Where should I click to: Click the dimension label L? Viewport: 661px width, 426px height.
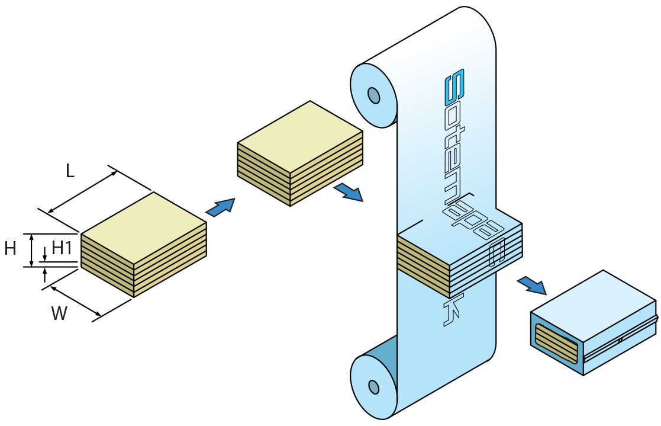pos(70,171)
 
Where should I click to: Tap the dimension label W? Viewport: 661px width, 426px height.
pos(59,313)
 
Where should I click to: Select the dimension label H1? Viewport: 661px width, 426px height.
pos(62,248)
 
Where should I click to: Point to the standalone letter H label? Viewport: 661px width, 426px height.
pos(10,249)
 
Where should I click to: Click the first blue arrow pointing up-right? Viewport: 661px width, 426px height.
pos(221,207)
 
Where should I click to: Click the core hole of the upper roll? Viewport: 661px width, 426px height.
pos(374,95)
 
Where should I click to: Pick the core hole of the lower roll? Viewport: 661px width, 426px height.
pos(374,387)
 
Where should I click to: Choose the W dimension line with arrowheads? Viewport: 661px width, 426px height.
pos(78,300)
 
